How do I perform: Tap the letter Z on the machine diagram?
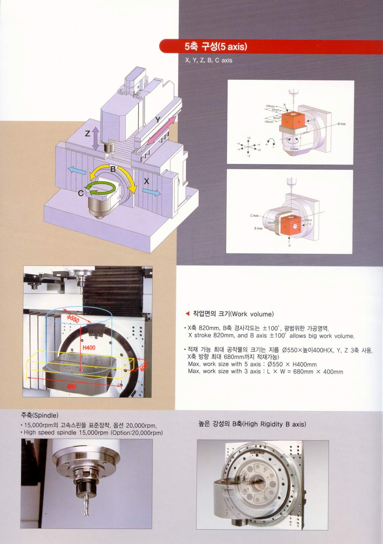(x=87, y=133)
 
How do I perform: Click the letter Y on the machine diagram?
(x=158, y=119)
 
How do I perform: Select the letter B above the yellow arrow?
(x=113, y=169)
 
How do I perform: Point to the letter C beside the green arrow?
(x=81, y=193)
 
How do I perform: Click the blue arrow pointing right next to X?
(x=151, y=192)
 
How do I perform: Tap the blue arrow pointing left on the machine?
(x=77, y=171)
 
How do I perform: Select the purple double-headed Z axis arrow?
(x=96, y=138)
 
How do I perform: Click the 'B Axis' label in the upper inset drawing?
(x=342, y=124)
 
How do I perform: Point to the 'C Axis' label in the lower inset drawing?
(x=254, y=216)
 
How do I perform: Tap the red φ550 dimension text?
(x=73, y=318)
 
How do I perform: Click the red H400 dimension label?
(x=89, y=348)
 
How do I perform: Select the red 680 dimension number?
(x=72, y=386)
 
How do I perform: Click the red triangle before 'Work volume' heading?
(x=187, y=314)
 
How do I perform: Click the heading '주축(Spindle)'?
(x=39, y=415)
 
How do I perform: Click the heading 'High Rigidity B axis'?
(x=252, y=424)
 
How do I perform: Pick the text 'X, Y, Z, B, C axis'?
(x=208, y=60)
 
